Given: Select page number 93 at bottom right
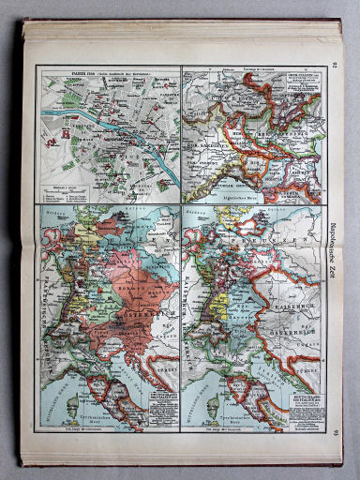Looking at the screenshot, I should coord(333,429).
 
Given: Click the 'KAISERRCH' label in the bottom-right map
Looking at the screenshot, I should coord(298,277).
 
